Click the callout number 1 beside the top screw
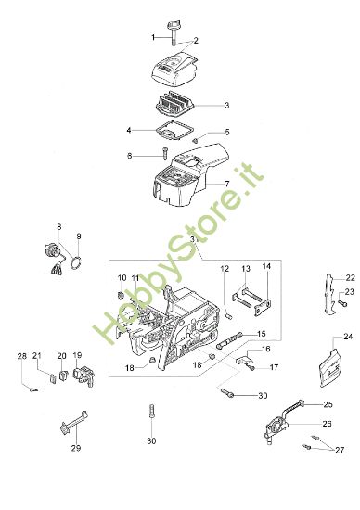(153, 38)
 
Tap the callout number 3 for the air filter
(227, 106)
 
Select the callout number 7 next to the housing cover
(227, 184)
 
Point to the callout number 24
(348, 337)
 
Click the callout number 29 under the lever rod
(76, 448)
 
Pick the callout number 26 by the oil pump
(327, 424)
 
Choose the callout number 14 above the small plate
(266, 266)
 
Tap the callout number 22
(350, 278)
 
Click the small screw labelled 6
(164, 153)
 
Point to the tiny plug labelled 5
(195, 141)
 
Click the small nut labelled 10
(121, 295)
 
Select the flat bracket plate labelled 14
(263, 308)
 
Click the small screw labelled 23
(342, 303)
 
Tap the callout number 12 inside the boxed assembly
(225, 269)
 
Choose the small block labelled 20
(62, 375)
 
